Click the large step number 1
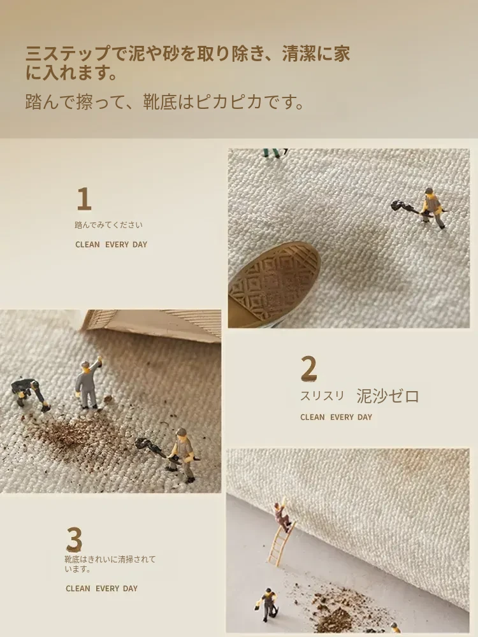coord(84,199)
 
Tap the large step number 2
coord(308,368)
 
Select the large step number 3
coord(75,539)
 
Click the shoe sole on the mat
coord(274,284)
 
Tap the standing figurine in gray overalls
coord(87,384)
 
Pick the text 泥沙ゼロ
coord(387,396)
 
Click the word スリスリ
coord(322,396)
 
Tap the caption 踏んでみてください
coord(108,225)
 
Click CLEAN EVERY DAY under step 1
coord(111,245)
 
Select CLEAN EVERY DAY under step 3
coord(101,588)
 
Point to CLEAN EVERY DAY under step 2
coord(336,417)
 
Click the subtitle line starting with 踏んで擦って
coord(164,102)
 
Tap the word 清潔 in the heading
coord(298,54)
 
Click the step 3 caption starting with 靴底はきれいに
coord(110,564)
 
